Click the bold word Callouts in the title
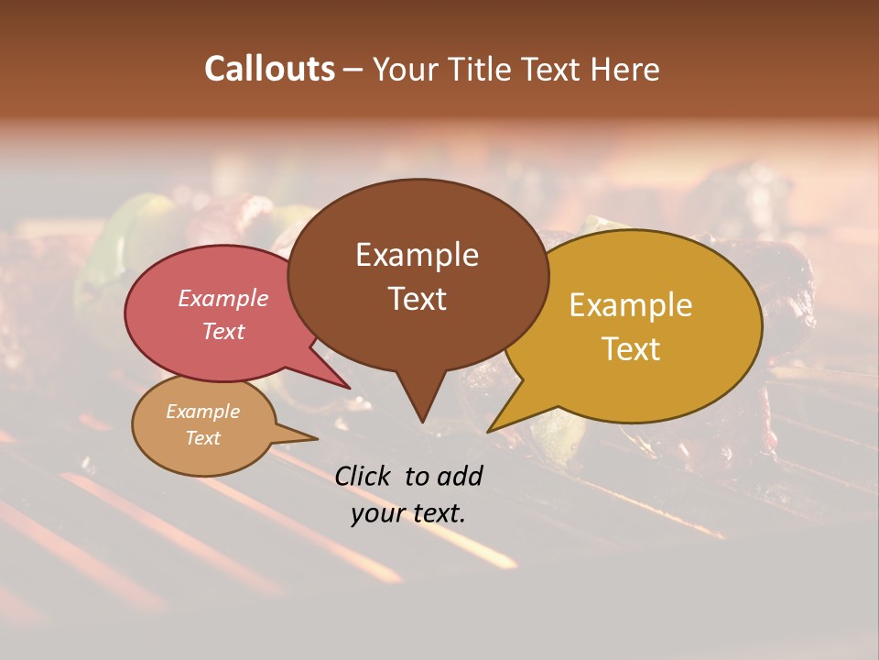(x=269, y=69)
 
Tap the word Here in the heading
(x=627, y=69)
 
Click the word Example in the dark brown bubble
(x=417, y=255)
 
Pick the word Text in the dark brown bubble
(x=417, y=299)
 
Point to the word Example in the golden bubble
(x=631, y=305)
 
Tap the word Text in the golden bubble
(x=631, y=349)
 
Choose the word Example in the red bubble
(x=223, y=298)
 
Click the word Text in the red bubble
(x=223, y=331)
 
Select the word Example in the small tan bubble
(x=202, y=412)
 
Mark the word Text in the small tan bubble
(x=202, y=438)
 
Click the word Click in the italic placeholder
(x=364, y=476)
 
